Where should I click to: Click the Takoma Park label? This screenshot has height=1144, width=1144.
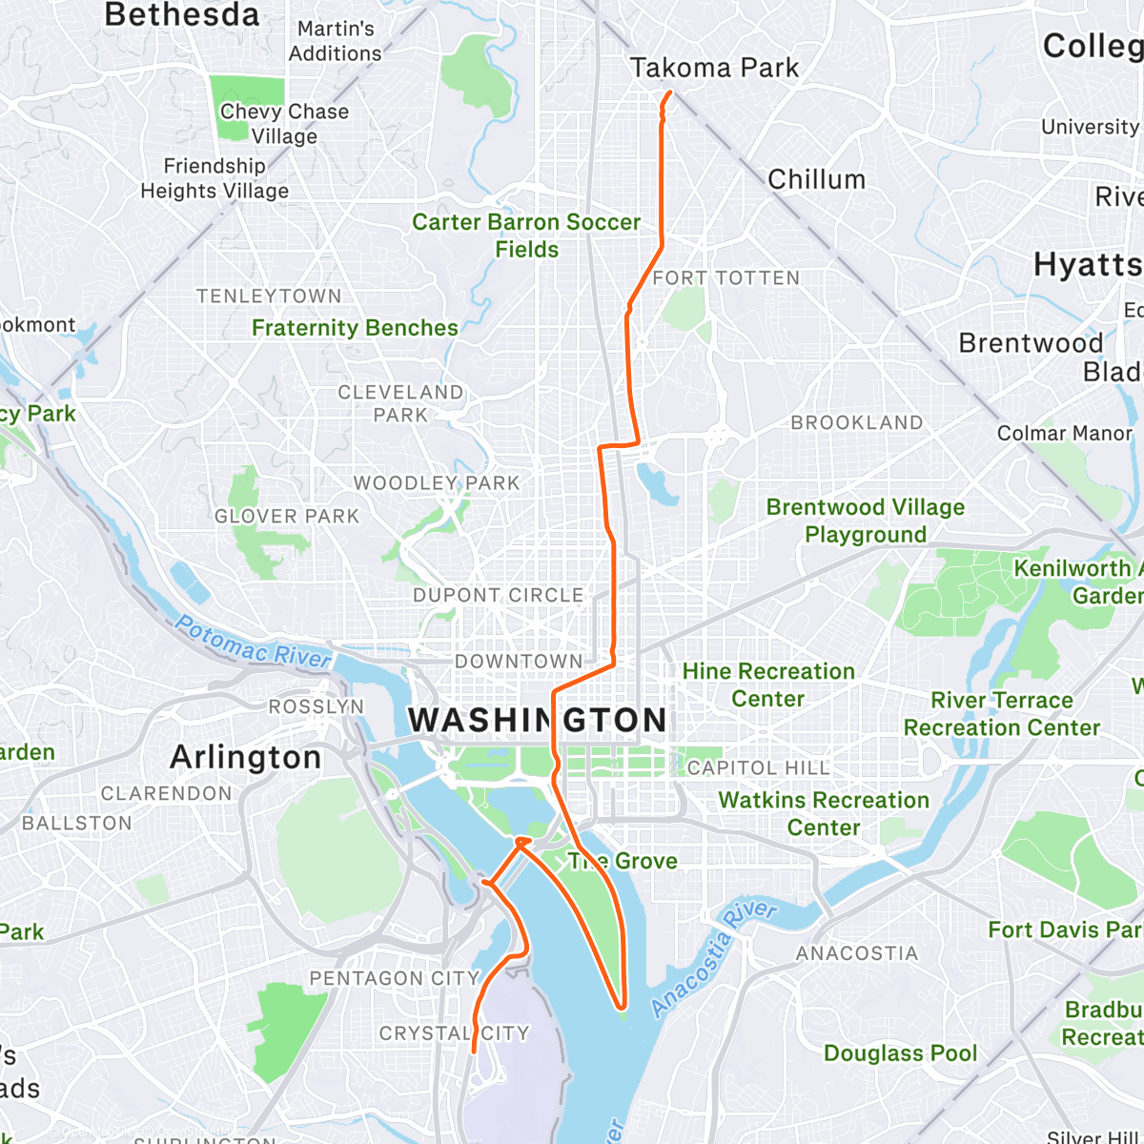(x=714, y=68)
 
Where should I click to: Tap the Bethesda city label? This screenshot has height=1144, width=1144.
(x=181, y=15)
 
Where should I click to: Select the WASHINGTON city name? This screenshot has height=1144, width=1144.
(x=539, y=720)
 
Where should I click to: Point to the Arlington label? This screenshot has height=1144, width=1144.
(x=245, y=757)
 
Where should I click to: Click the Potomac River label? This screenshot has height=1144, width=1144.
(x=254, y=642)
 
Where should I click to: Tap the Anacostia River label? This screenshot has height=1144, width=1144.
(x=714, y=956)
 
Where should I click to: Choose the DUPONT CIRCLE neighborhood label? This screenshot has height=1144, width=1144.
(x=498, y=595)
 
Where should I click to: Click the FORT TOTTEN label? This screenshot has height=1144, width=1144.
(x=726, y=277)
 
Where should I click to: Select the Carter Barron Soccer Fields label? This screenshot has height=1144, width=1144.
(x=526, y=235)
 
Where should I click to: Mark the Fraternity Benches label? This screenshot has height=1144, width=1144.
(x=355, y=328)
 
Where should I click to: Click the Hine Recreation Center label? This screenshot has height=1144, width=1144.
(x=768, y=684)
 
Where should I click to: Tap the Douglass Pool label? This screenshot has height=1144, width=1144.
(x=900, y=1052)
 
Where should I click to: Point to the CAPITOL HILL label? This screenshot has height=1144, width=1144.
(x=758, y=767)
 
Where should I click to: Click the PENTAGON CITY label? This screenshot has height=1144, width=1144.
(x=394, y=978)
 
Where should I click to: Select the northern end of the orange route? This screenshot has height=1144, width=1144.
(x=670, y=92)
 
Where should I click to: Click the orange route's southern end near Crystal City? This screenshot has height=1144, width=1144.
(x=474, y=1052)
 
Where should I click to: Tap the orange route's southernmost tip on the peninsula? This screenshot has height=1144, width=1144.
(x=622, y=1007)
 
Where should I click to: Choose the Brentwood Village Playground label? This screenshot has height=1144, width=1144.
(x=866, y=521)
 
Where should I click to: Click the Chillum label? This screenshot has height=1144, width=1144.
(x=816, y=179)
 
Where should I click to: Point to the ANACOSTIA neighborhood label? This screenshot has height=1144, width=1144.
(x=857, y=953)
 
